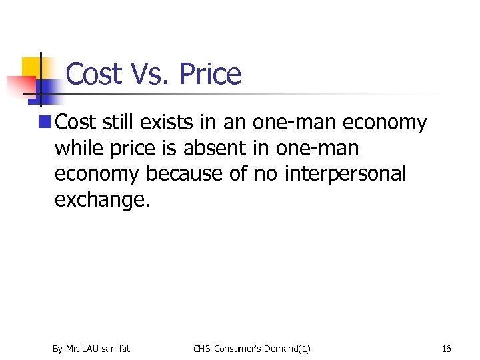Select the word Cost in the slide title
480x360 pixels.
point(93,74)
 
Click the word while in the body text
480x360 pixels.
point(79,148)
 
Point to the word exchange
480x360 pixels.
point(103,199)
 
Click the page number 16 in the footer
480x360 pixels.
point(447,349)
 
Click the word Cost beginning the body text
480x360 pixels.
point(76,123)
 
